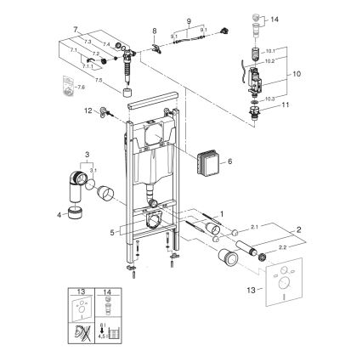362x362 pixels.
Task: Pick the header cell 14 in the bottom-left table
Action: click(x=107, y=291)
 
